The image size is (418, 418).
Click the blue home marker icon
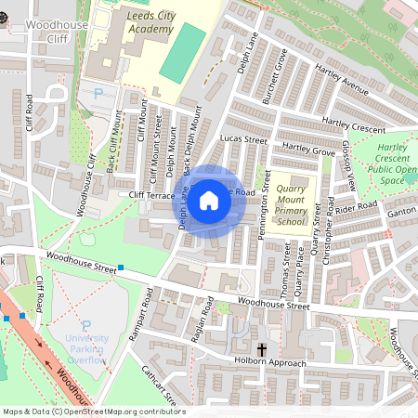pyautogui.click(x=209, y=200)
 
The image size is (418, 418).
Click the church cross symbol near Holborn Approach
pyautogui.click(x=263, y=349)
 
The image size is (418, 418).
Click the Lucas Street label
pyautogui.click(x=243, y=140)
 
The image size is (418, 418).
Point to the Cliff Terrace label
pyautogui.click(x=151, y=196)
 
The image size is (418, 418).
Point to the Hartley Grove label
pyautogui.click(x=307, y=149)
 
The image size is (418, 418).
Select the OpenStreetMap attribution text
pyautogui.click(x=94, y=411)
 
